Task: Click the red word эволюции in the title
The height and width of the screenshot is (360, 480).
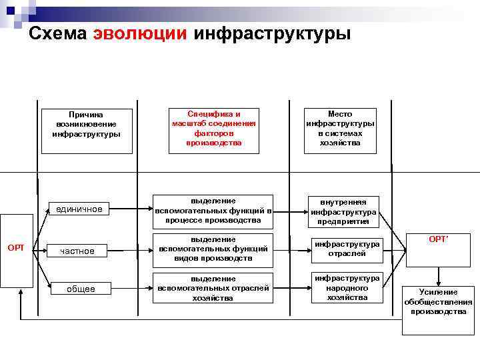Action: [141, 33]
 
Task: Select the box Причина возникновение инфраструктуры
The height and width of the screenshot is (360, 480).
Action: [87, 130]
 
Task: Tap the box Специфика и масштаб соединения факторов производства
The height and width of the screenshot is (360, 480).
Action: [213, 130]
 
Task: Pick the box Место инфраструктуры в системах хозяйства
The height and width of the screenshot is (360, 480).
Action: [340, 130]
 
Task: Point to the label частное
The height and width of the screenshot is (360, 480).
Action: [77, 251]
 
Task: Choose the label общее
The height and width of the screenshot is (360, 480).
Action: [80, 289]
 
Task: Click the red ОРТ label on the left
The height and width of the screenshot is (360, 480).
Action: [16, 248]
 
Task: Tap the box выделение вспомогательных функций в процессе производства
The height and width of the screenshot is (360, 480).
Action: [213, 209]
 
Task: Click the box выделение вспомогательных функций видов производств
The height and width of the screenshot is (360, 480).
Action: [213, 249]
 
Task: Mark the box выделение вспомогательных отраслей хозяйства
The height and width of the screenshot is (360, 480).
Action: [213, 288]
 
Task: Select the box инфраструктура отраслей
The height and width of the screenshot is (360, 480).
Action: [347, 249]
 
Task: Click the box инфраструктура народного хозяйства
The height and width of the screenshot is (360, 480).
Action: [347, 287]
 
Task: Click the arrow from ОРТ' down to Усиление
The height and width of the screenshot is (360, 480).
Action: [439, 273]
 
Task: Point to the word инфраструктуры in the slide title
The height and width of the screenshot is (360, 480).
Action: [271, 33]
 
